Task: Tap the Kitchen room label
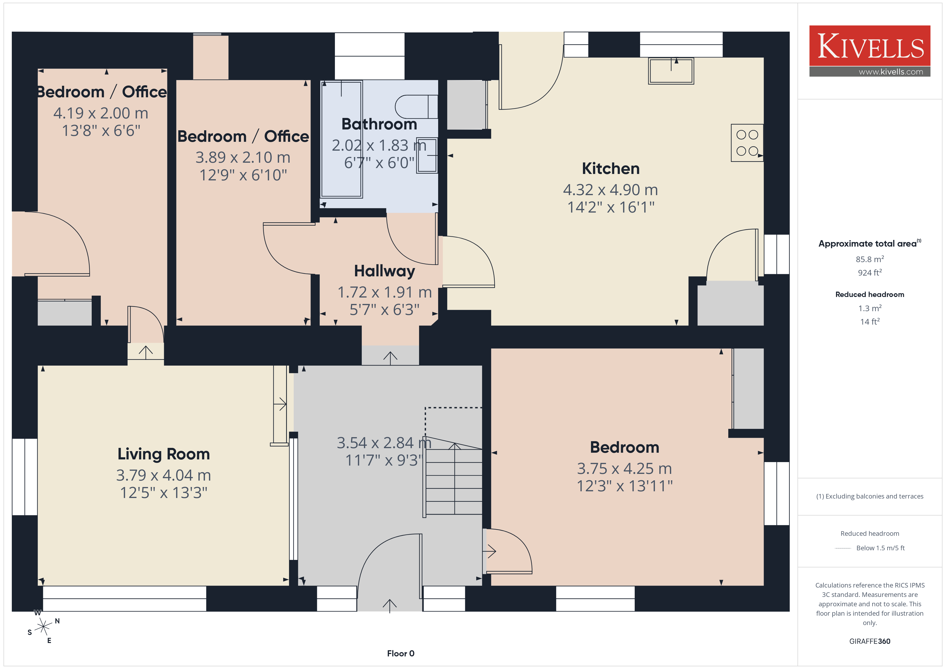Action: click(x=611, y=169)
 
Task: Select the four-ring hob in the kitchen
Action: click(x=747, y=143)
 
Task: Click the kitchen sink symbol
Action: click(x=671, y=71)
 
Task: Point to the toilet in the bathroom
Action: click(x=416, y=107)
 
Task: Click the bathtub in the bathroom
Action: click(x=342, y=139)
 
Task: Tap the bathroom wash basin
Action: click(x=427, y=155)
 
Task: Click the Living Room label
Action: click(x=164, y=454)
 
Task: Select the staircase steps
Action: click(x=453, y=480)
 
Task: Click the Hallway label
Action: click(x=385, y=271)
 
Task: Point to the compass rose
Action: click(x=43, y=627)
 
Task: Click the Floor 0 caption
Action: click(x=401, y=653)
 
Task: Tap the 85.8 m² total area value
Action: click(x=870, y=259)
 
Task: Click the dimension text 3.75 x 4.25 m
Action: click(x=624, y=469)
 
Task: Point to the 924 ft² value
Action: click(x=870, y=273)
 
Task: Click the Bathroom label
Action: click(x=379, y=124)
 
